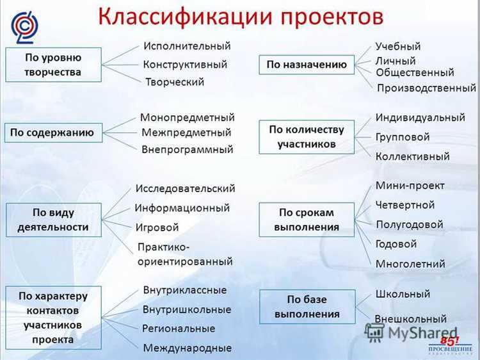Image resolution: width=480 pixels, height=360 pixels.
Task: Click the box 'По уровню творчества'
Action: point(53,64)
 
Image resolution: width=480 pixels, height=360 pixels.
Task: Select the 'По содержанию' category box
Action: point(52,133)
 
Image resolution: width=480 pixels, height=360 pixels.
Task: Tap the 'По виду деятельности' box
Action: point(53,220)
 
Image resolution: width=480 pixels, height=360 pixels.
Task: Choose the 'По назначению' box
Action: point(307,64)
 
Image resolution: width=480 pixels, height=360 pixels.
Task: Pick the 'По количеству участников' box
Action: point(307,137)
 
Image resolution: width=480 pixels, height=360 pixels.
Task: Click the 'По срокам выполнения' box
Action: point(307,220)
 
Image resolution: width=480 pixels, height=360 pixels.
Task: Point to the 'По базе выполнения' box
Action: point(307,306)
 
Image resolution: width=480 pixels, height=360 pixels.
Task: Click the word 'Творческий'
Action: point(175,82)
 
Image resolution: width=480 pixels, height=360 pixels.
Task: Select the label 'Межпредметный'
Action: point(186,133)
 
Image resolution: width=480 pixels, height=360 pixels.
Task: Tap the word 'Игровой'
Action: point(157,227)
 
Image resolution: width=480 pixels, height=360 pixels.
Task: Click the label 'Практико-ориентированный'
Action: point(185,254)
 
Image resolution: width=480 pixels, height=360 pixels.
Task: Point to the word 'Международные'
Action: point(188,348)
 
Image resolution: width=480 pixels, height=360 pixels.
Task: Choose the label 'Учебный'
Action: point(398,46)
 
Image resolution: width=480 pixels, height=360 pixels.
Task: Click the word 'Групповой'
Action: point(403,137)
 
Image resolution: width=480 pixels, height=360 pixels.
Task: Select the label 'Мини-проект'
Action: point(410,186)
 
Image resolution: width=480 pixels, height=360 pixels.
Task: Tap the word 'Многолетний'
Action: point(410,264)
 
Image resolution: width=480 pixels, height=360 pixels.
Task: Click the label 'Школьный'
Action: point(403,294)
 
